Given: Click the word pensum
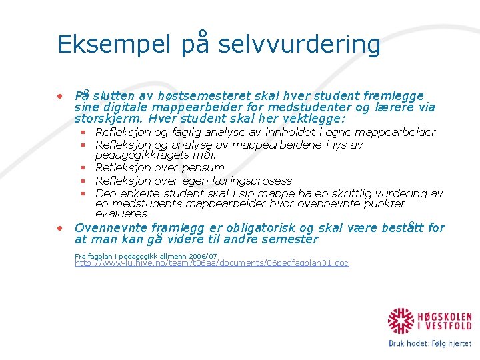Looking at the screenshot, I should (201, 167).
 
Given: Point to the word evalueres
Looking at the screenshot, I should (121, 214).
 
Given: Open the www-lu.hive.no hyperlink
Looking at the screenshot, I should (211, 263).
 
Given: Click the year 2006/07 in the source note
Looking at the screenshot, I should (199, 256).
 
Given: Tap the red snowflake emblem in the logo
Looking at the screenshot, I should (401, 322).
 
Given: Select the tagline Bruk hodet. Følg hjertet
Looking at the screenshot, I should (429, 344).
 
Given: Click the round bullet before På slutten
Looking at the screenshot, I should (60, 95).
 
